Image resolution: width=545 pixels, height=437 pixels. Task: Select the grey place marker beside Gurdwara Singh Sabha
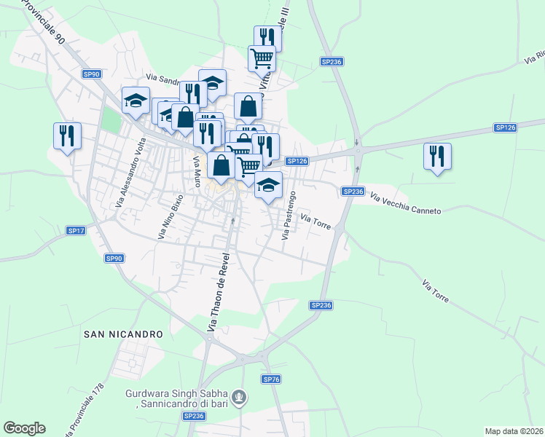point(241,398)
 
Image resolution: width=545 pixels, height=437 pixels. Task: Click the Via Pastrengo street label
point(289,216)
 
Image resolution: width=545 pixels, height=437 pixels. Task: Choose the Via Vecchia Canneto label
point(406,204)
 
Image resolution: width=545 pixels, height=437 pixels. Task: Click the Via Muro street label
point(195,170)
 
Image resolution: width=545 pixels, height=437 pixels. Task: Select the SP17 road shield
point(77,230)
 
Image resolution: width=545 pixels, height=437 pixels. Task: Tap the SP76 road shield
point(271,379)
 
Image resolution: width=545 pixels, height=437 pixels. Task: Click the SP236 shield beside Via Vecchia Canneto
point(353,191)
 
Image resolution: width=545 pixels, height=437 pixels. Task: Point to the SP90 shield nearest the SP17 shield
point(114,258)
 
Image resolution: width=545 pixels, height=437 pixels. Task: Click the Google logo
point(24,428)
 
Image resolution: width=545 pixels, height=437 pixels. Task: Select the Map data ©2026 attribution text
point(513,431)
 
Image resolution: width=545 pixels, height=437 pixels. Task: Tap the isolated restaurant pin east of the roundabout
point(437,157)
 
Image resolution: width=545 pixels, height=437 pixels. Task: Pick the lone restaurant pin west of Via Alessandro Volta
point(67,136)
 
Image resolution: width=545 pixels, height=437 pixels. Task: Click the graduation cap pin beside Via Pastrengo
point(268,186)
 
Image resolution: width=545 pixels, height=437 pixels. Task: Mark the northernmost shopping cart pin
point(262,57)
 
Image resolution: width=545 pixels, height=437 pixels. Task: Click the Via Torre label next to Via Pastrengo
point(316,222)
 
